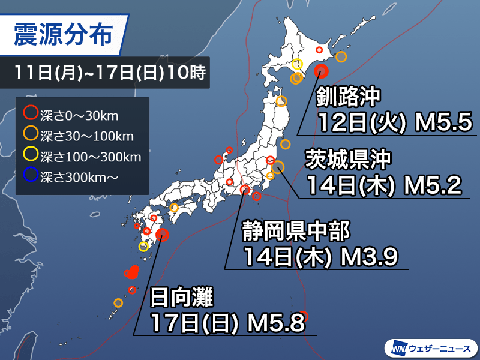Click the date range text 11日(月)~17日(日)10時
point(110,74)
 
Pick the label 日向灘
point(181,298)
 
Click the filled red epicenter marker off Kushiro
point(322,71)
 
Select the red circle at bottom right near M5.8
point(304,316)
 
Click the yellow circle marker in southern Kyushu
point(143,246)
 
